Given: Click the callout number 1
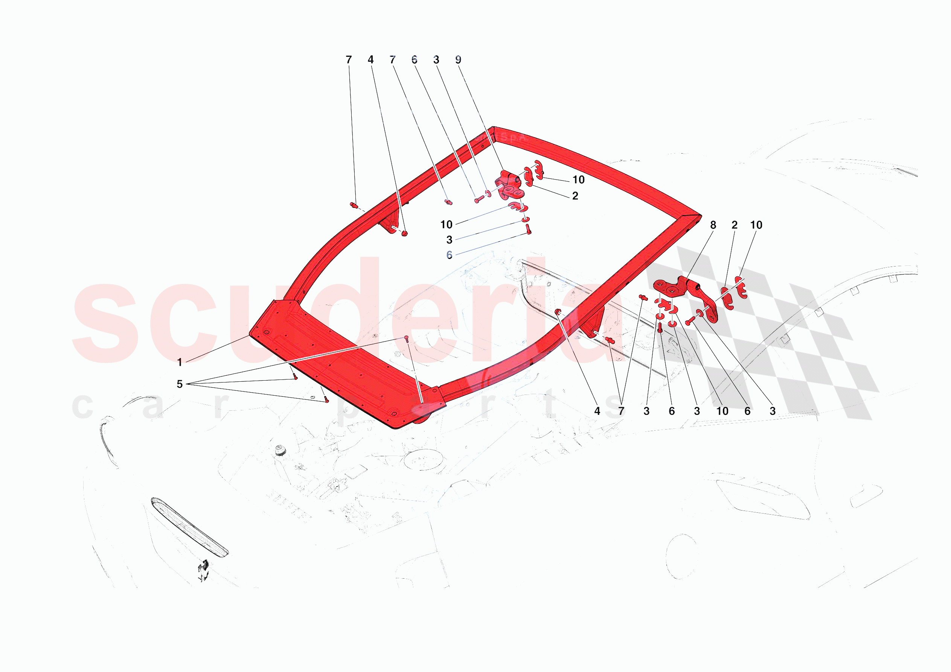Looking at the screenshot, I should (179, 362).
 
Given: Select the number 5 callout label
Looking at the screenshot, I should (179, 384).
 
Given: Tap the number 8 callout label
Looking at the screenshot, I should (713, 225).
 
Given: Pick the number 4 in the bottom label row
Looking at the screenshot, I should (597, 411).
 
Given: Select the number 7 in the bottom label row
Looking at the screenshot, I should (621, 411).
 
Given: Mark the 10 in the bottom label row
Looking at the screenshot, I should (722, 411).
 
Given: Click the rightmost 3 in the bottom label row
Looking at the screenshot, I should (773, 411).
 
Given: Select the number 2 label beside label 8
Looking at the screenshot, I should (735, 225).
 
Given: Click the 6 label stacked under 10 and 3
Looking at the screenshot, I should (449, 255).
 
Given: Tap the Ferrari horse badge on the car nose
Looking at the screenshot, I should (203, 570).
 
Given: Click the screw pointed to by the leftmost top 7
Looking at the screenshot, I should (353, 205).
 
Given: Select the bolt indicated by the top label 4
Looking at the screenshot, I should (404, 234).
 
